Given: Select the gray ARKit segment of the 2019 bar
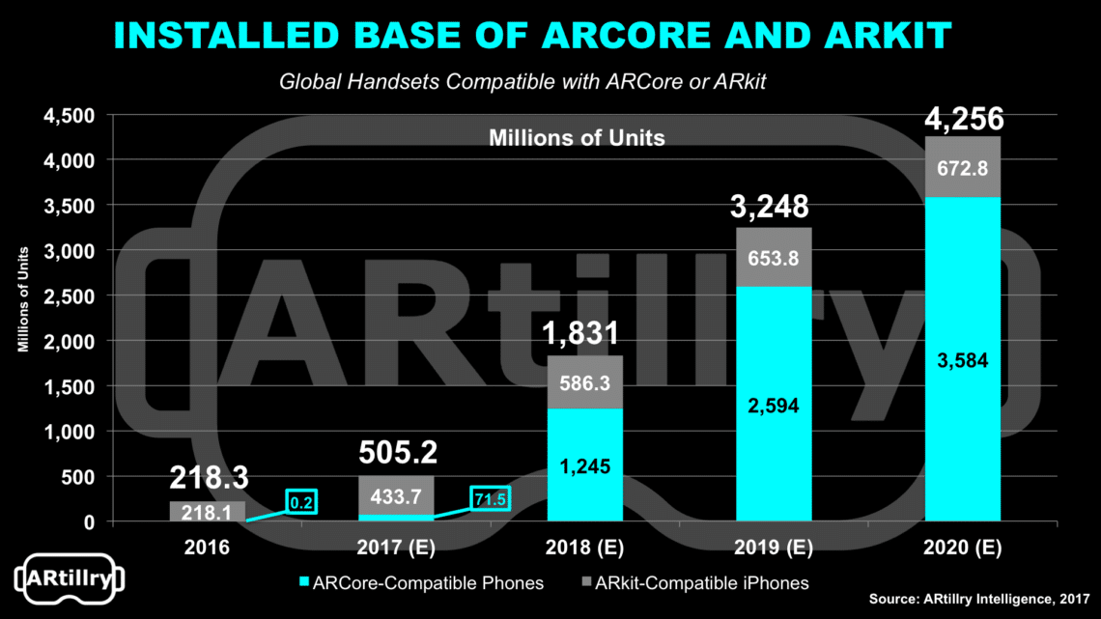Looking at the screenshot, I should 774,257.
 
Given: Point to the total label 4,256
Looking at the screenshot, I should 962,121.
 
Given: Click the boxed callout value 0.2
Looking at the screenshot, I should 300,501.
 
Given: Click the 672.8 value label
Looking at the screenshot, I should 962,170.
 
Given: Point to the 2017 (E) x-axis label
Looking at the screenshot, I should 396,548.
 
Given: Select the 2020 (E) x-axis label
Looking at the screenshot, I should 962,548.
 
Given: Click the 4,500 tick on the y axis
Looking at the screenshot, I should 71,115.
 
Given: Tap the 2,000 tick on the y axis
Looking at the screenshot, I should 71,341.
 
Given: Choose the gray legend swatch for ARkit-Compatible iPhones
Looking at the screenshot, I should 585,582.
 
